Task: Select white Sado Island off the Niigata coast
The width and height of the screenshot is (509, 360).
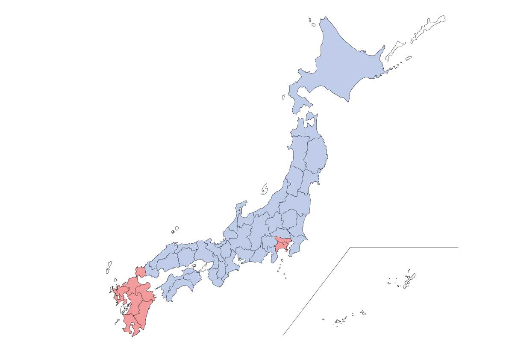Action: coord(265,189)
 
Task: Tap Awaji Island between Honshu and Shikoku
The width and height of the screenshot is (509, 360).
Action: coord(203,267)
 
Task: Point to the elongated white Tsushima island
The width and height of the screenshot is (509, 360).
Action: coord(109,267)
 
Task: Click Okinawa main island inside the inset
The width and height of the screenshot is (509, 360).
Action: coord(411,280)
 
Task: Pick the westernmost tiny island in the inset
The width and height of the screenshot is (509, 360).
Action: coord(323,319)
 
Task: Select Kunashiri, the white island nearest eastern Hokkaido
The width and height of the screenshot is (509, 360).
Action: coord(395,50)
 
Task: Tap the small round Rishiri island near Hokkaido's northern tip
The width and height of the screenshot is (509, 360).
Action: coord(313,25)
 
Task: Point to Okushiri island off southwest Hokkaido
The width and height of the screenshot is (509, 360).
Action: coord(283,97)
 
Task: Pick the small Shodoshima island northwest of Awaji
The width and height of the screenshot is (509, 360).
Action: coord(194,266)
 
